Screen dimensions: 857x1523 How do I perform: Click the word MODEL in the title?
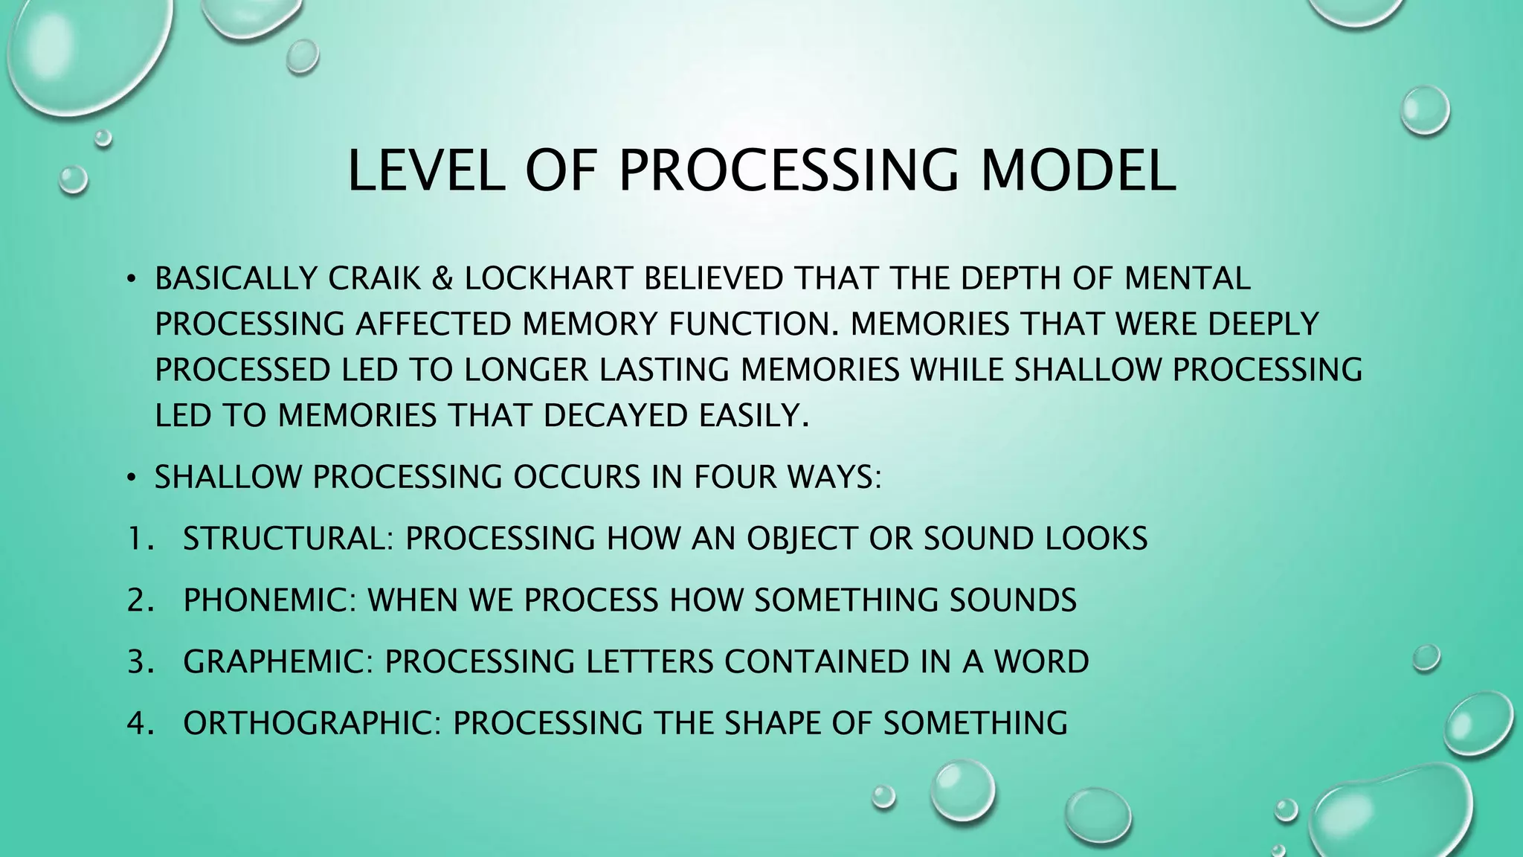tap(1078, 170)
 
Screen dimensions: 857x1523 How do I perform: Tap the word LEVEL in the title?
tap(427, 170)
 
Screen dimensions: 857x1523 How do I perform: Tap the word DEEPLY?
tap(1263, 324)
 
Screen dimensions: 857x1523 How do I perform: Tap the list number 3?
tap(138, 662)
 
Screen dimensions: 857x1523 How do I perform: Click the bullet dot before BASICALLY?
tap(131, 280)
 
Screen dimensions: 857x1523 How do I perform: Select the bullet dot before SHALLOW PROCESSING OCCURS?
tap(131, 478)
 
